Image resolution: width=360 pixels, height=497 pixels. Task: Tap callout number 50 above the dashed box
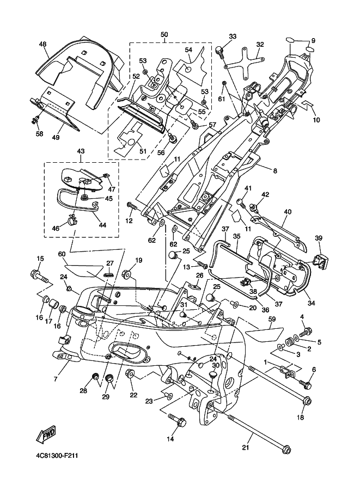[x=164, y=35]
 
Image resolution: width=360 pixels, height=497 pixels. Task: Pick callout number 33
[x=233, y=36]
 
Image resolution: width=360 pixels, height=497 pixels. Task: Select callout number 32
[x=260, y=45]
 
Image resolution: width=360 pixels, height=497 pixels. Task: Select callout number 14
[x=170, y=438]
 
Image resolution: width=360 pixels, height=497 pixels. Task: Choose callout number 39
[x=319, y=238]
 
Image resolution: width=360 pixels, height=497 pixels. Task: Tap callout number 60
[x=62, y=254]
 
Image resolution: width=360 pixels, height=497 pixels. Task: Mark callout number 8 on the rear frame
[x=276, y=171]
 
